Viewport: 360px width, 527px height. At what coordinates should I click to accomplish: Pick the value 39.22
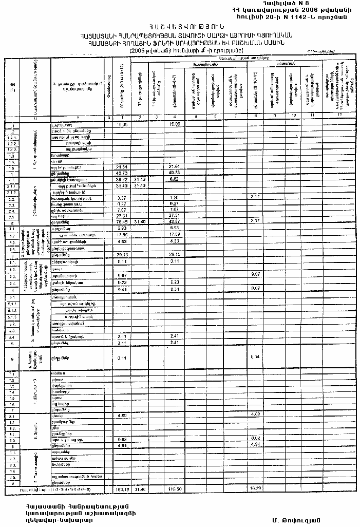[x=122, y=179]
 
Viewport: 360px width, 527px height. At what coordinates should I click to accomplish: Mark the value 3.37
[x=122, y=197]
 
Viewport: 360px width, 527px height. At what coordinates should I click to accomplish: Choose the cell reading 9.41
[x=122, y=289]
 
